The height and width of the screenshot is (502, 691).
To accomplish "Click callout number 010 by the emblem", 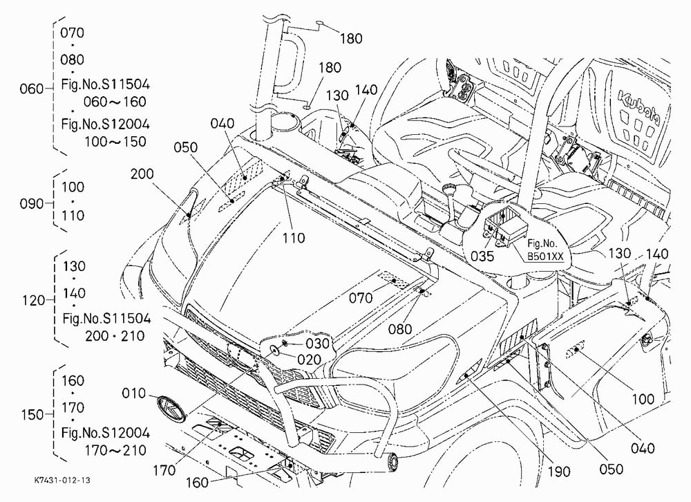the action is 133,393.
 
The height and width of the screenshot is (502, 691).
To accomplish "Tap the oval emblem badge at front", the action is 171,410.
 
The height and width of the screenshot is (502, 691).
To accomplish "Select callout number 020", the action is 310,360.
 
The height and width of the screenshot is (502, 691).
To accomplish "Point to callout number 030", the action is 318,343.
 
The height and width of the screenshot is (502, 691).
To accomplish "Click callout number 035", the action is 482,256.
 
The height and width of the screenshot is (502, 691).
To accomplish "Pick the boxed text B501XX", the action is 546,257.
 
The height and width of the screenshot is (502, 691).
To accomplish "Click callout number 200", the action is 142,174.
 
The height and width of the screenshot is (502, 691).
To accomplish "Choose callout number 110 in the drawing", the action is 294,238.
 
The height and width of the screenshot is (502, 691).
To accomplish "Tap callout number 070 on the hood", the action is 361,298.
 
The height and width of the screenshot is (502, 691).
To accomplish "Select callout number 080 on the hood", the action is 400,329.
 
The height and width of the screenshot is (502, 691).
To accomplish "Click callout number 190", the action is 559,472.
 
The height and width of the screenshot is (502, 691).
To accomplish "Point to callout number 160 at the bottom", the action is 196,483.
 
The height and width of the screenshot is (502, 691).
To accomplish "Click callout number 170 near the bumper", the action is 164,471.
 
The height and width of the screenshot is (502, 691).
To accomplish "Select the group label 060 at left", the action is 32,89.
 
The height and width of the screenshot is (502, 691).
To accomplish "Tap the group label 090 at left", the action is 32,204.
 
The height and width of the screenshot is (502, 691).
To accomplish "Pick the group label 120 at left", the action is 34,300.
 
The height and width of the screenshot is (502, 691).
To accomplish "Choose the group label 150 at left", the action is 32,415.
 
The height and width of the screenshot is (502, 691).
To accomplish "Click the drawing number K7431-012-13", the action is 62,480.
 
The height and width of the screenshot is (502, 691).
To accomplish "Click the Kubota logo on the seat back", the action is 638,108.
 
